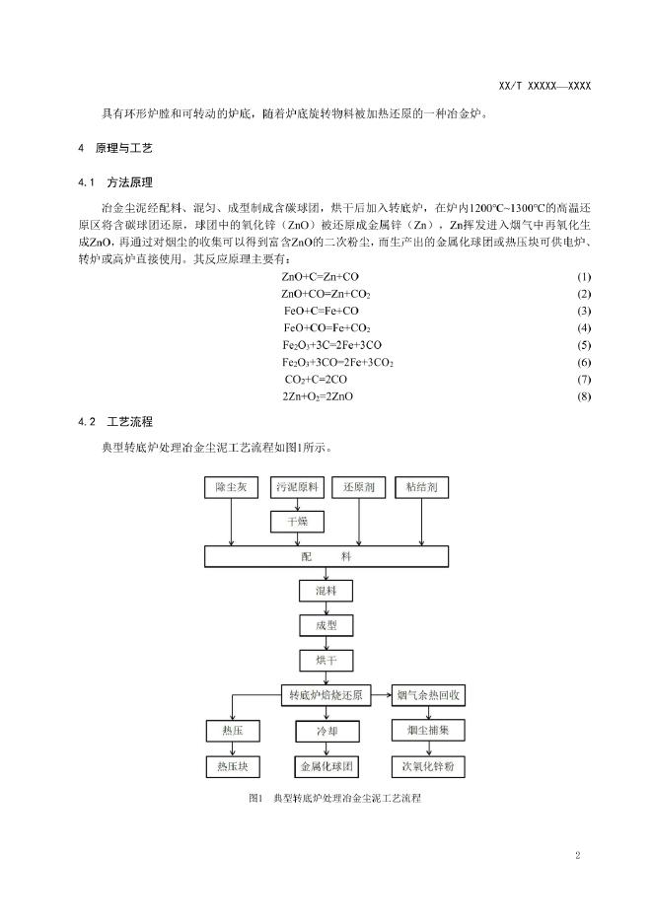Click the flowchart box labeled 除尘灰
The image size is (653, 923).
tap(231, 488)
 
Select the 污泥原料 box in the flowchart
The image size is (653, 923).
tap(297, 488)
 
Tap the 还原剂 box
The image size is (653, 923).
tap(360, 488)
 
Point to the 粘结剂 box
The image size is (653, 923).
tap(421, 488)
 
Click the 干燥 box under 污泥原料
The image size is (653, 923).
tap(297, 521)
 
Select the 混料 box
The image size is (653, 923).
tap(326, 592)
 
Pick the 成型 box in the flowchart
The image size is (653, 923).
tap(326, 625)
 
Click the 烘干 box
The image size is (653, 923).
tap(326, 660)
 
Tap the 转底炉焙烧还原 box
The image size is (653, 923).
tap(326, 695)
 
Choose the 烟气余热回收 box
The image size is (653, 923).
tap(427, 695)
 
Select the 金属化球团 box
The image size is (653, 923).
tap(326, 766)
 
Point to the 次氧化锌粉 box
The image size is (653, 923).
tap(427, 766)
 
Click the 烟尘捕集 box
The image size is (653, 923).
tap(427, 732)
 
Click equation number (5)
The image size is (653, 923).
tap(584, 345)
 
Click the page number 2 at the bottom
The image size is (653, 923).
tap(577, 855)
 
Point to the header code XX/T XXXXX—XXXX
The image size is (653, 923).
tap(545, 86)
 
